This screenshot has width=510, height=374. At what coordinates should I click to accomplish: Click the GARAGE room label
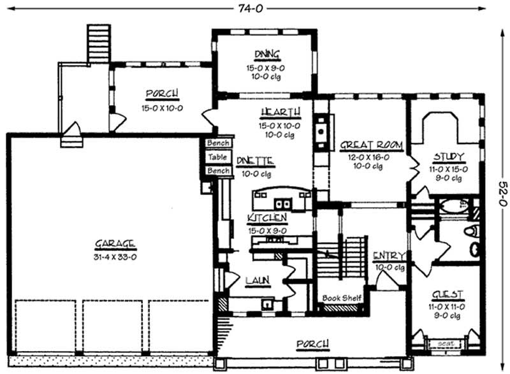tap(115, 243)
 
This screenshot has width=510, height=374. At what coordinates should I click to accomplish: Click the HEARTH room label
tap(276, 113)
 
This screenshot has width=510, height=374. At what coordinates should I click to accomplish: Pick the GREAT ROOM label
tap(371, 145)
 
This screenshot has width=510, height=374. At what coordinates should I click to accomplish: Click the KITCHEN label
tap(266, 218)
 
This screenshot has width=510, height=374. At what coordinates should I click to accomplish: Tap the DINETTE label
tap(255, 161)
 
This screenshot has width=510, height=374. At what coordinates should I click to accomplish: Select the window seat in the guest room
tap(447, 343)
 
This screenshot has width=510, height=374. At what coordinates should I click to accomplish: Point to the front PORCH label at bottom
tap(313, 345)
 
